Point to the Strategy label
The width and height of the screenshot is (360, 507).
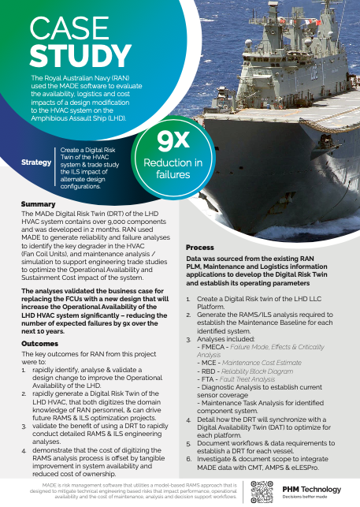(x=36, y=162)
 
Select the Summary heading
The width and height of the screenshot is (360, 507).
(x=38, y=204)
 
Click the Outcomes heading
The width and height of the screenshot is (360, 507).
(x=39, y=344)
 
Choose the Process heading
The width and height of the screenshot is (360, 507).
(x=199, y=248)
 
